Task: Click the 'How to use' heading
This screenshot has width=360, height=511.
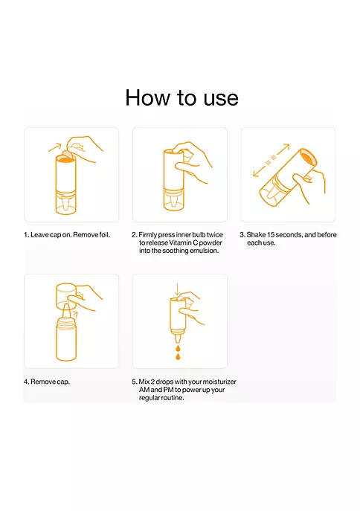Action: [181, 97]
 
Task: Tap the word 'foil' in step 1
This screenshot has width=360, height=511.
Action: [104, 234]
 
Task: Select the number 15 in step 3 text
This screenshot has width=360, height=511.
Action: [271, 234]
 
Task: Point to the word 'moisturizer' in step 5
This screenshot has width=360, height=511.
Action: [219, 382]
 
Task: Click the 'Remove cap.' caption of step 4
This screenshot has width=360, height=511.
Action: [50, 382]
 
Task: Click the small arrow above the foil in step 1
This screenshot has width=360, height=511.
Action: [55, 147]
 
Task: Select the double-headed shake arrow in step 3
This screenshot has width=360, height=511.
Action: [271, 160]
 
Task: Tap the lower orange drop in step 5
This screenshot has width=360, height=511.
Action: [178, 356]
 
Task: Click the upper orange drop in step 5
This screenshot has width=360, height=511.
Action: [178, 348]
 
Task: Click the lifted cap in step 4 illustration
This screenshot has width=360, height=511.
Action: [66, 296]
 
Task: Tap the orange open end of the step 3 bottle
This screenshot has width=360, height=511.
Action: [307, 158]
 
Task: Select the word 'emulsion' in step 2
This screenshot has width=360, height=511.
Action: [205, 251]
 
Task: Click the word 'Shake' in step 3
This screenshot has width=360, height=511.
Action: [256, 234]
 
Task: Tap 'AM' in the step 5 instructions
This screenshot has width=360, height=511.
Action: [144, 390]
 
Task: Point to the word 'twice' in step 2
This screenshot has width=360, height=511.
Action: [215, 234]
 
